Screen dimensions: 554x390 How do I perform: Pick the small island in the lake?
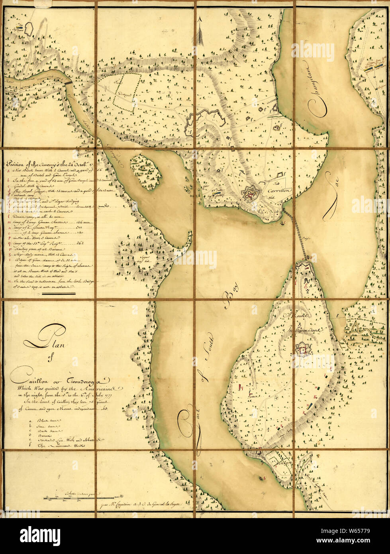pyautogui.click(x=146, y=172)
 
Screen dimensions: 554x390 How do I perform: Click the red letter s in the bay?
pyautogui.click(x=264, y=477)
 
